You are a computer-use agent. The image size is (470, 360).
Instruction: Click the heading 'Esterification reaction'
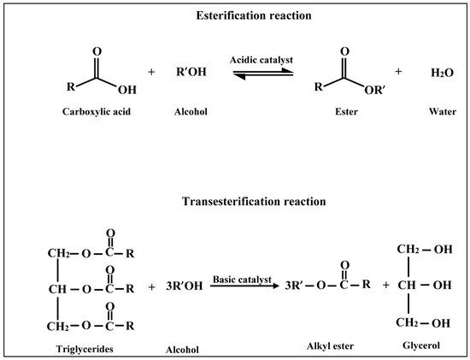click(x=235, y=18)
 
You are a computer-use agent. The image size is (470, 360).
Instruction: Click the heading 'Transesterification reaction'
click(x=235, y=202)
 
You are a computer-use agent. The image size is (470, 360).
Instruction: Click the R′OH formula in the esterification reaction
click(x=190, y=74)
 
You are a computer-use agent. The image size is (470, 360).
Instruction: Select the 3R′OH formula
click(x=184, y=287)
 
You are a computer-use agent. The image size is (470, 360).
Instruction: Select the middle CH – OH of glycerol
click(x=421, y=286)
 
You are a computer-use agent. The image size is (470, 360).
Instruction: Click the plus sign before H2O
click(x=398, y=73)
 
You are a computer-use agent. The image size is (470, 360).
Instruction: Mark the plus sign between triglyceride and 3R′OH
click(x=152, y=287)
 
